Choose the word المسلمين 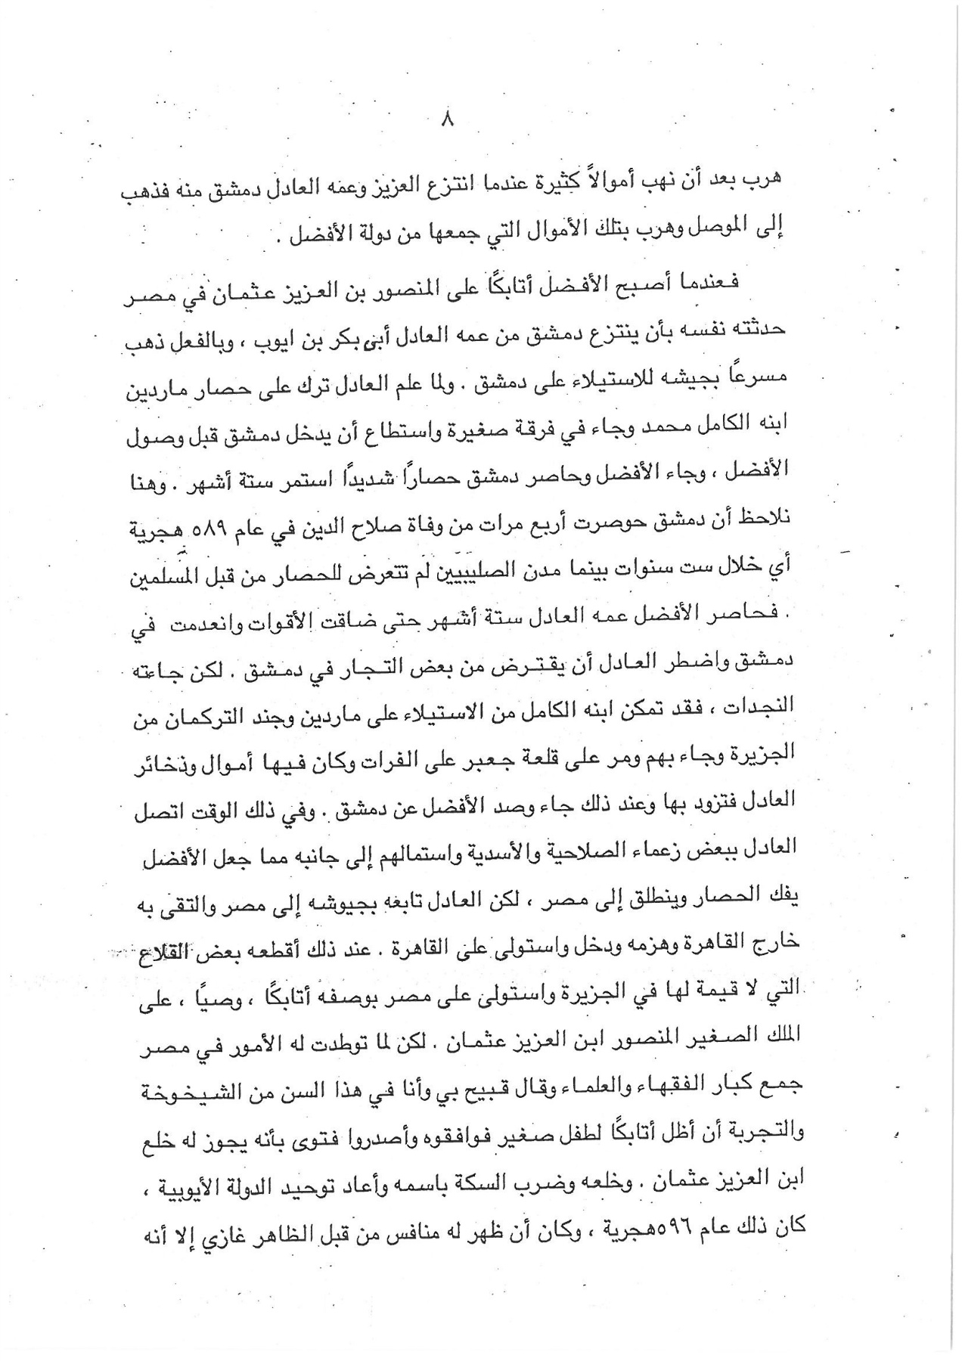(x=160, y=564)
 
